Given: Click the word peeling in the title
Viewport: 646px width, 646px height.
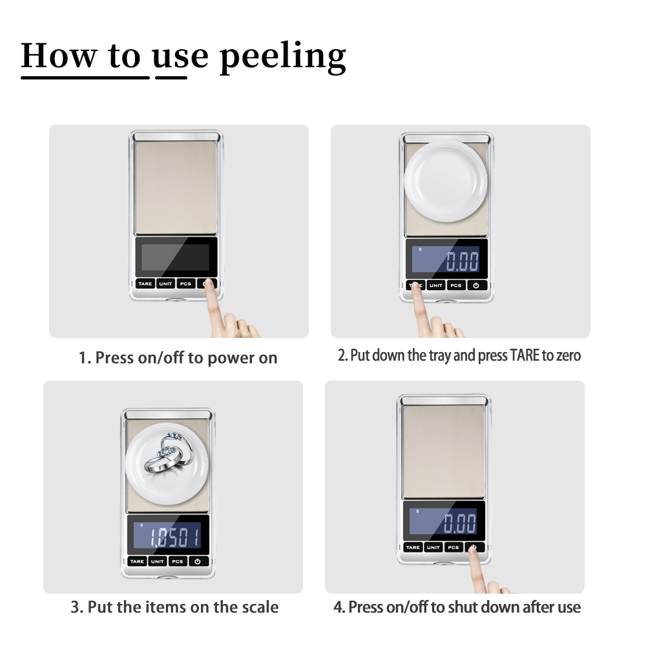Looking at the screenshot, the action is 283,57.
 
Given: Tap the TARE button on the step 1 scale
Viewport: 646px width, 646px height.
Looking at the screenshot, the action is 145,284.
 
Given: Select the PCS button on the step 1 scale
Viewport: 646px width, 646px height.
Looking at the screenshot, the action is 186,284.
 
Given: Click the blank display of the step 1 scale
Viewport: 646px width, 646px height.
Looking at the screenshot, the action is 176,257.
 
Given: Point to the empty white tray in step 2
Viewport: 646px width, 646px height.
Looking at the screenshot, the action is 446,181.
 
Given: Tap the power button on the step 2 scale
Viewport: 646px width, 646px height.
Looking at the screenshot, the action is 476,286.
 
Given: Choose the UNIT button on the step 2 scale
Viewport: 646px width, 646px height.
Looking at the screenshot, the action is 436,286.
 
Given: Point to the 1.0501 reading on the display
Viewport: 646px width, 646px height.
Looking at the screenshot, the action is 174,537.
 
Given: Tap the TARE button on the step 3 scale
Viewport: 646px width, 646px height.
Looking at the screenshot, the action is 137,561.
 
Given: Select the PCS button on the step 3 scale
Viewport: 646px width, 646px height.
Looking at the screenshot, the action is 178,561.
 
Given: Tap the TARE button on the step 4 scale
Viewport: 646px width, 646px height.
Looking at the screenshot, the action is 413,548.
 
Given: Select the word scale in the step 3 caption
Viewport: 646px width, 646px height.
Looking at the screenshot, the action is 260,607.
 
